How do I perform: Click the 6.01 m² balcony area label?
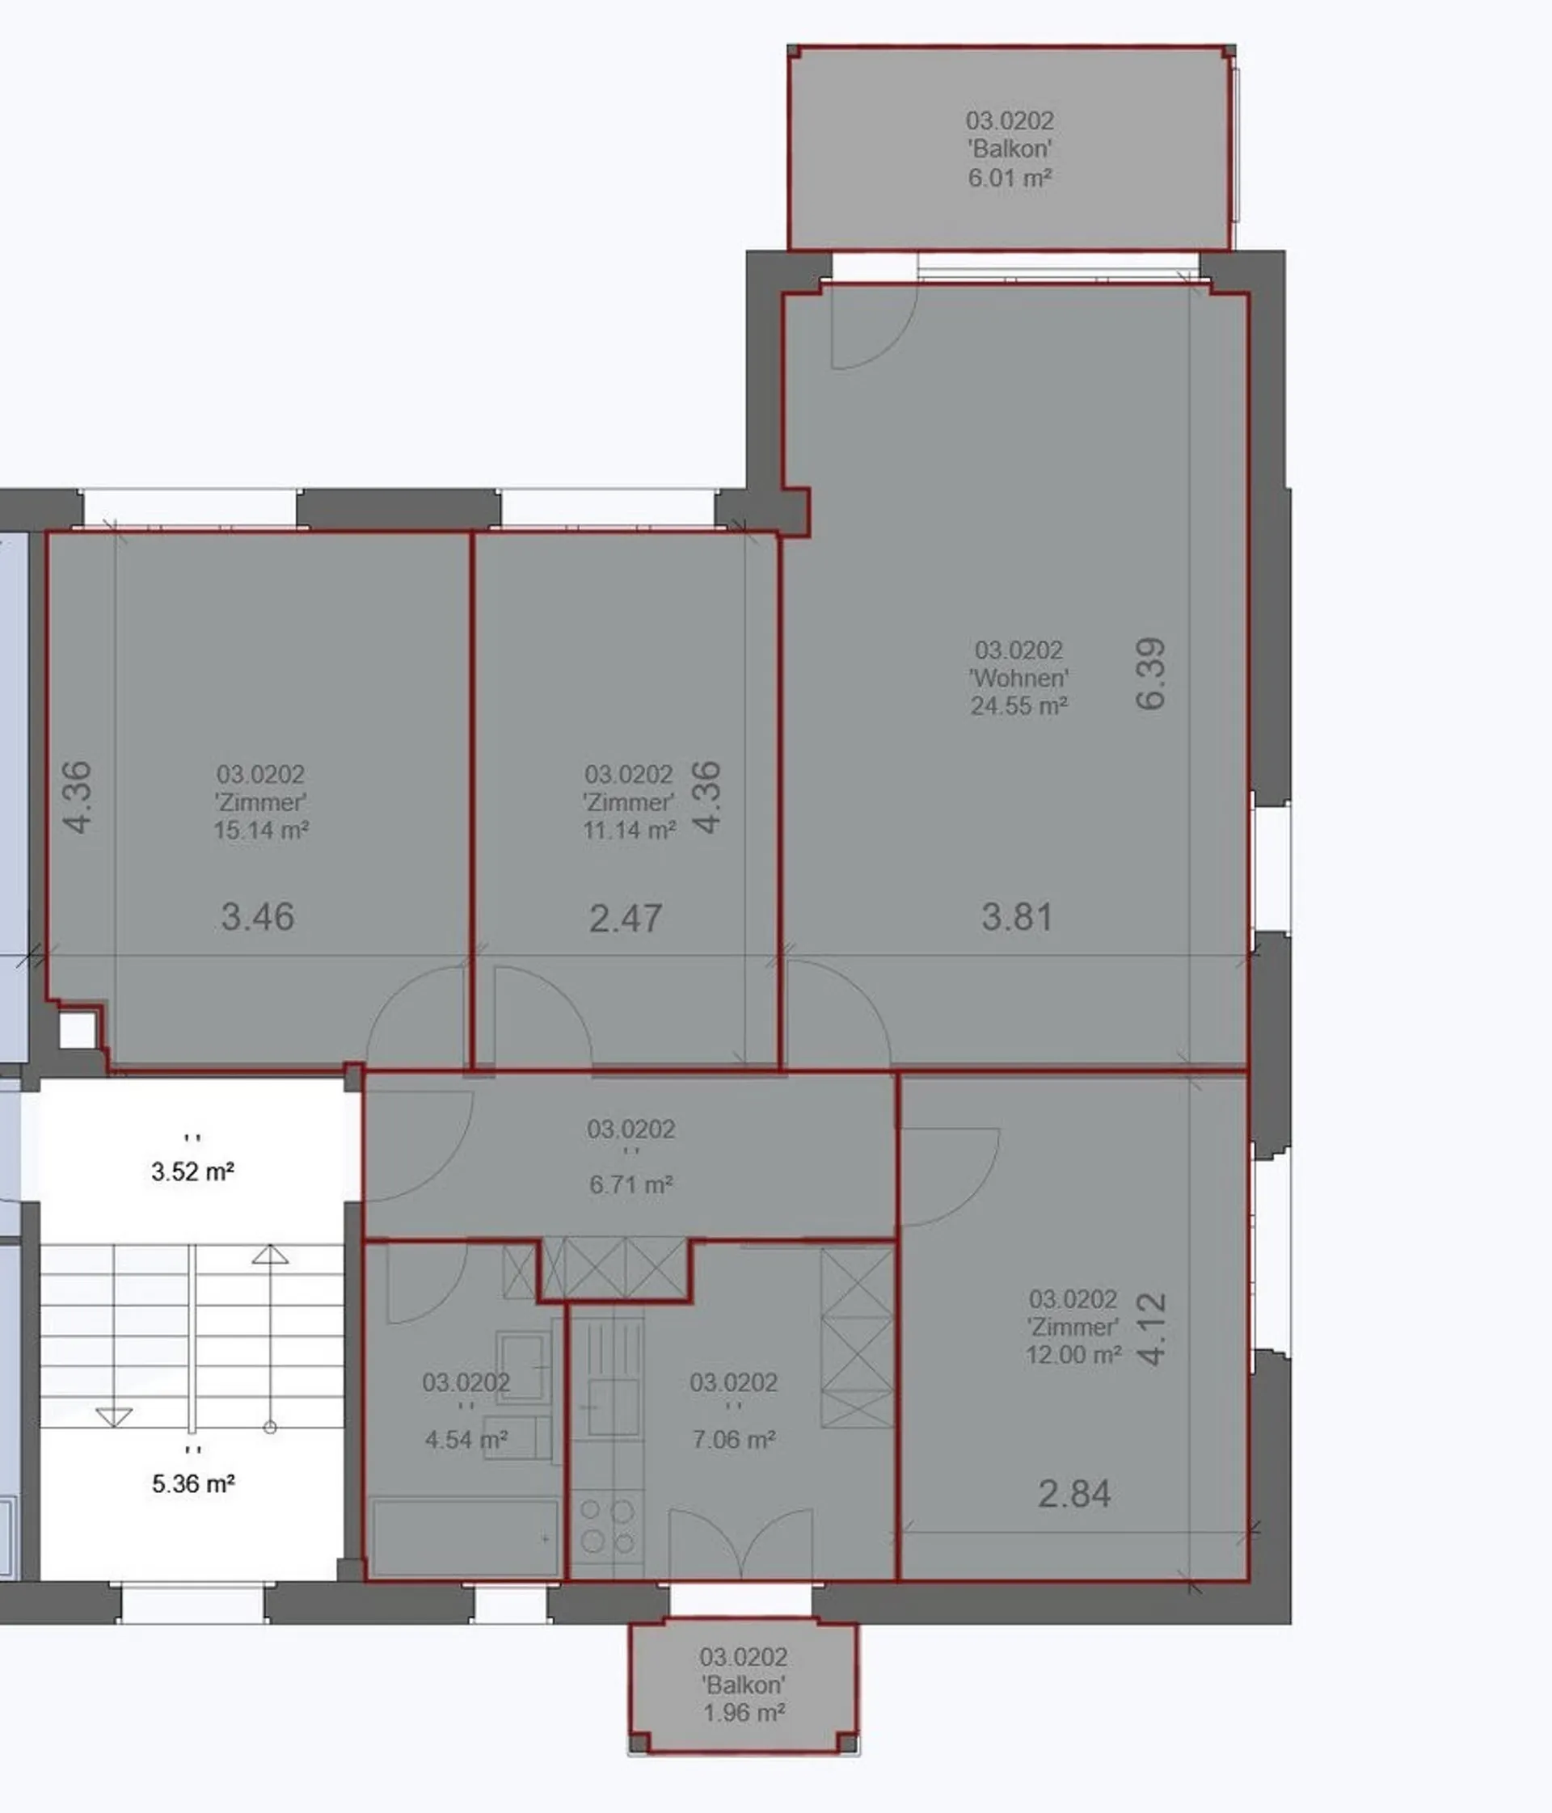coord(1010,178)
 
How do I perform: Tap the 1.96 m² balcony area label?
coord(743,1712)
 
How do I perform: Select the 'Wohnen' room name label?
coord(1018,678)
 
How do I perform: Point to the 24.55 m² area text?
coord(1018,706)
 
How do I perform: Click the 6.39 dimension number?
coord(1151,673)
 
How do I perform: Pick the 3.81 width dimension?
coord(1017,917)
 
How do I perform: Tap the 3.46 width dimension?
coord(257,917)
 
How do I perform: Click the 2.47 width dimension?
coord(625,919)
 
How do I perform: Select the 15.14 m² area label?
coord(261,831)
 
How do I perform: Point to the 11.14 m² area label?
coord(630,831)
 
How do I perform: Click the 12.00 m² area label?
coord(1073,1356)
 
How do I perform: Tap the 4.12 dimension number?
coord(1153,1329)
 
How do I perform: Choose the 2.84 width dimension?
coord(1074,1494)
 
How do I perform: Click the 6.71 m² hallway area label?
coord(631,1184)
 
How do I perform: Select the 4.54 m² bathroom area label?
coord(466,1440)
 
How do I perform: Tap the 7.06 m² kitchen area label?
coord(733,1440)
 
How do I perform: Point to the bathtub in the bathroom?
coord(466,1539)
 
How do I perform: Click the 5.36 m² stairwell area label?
coord(192,1483)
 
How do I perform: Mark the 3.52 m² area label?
coord(192,1171)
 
